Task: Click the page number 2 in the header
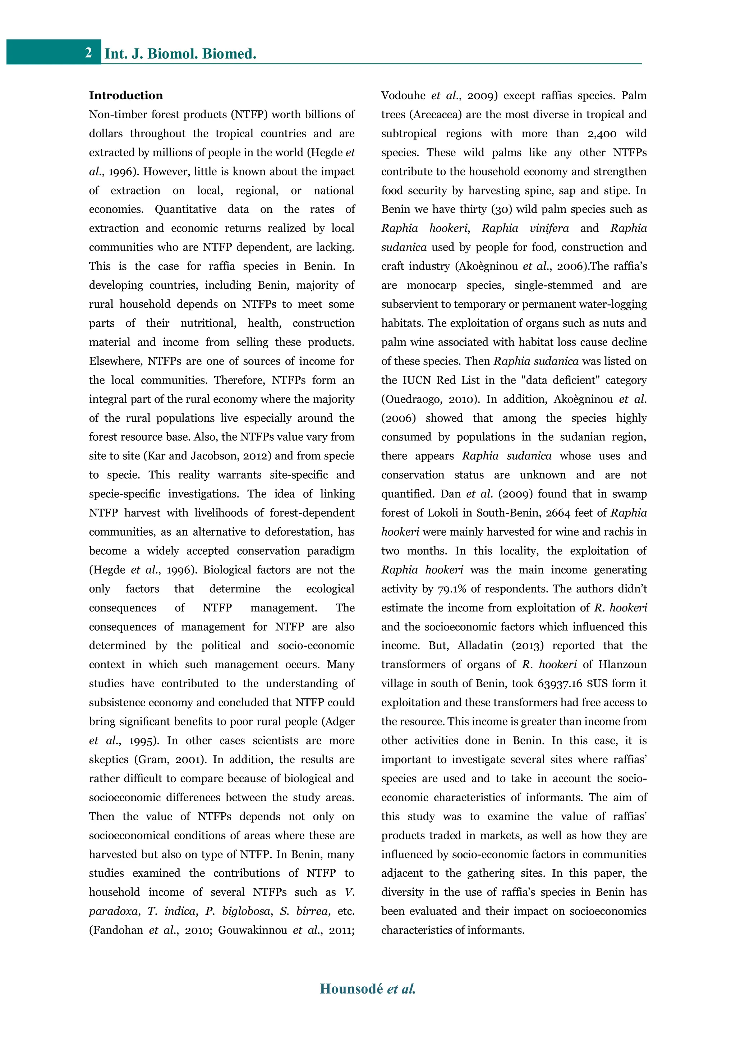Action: pos(88,52)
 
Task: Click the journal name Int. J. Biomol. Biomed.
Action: pos(180,54)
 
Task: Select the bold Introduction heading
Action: pos(126,95)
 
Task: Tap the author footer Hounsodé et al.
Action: pos(368,989)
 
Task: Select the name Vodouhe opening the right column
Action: pos(403,96)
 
